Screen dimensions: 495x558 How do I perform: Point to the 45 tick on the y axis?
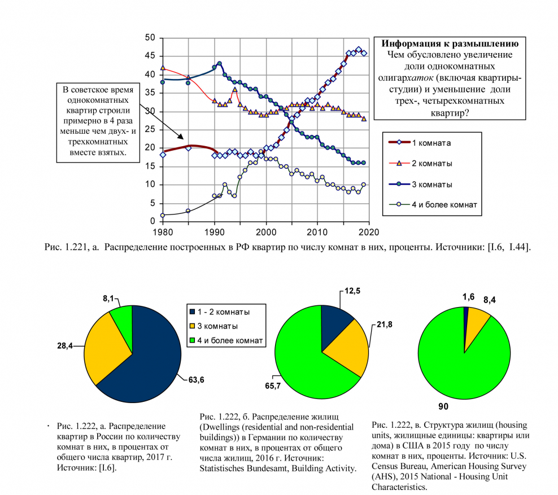click(x=150, y=56)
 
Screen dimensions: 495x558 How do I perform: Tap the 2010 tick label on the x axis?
click(x=317, y=231)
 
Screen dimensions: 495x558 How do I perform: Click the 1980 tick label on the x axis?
click(x=162, y=231)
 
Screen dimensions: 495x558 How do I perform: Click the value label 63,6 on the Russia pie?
click(x=193, y=379)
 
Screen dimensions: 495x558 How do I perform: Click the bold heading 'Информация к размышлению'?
click(x=450, y=44)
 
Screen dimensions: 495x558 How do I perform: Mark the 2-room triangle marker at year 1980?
click(x=163, y=68)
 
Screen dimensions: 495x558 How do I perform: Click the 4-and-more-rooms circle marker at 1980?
click(x=163, y=215)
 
